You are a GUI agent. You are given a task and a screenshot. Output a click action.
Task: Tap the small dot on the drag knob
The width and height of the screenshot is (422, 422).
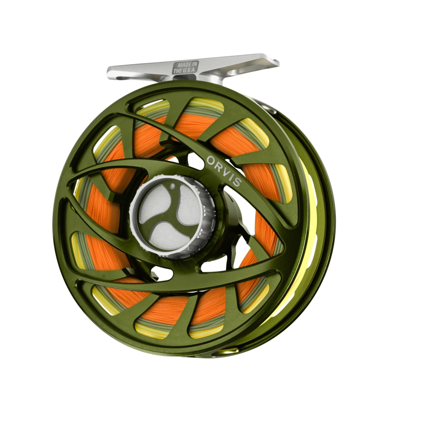coord(172,186)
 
